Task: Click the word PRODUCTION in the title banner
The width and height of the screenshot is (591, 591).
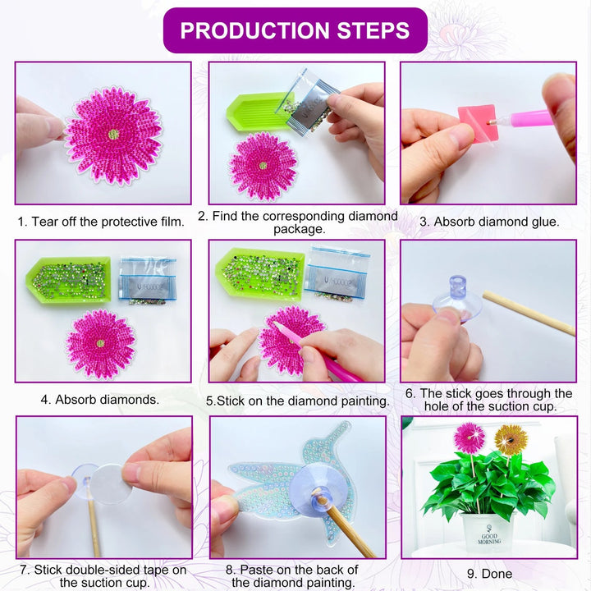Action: [x=254, y=30]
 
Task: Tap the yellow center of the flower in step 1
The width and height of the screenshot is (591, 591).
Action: [x=113, y=134]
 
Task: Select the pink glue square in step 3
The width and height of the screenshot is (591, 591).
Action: [x=477, y=124]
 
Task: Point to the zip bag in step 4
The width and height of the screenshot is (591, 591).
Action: [x=148, y=279]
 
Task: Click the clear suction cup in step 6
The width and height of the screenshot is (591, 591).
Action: [x=457, y=300]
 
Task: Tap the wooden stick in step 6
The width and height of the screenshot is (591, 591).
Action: [x=529, y=313]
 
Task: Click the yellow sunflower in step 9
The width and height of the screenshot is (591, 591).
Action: [x=511, y=439]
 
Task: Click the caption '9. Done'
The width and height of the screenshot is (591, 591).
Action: [x=489, y=574]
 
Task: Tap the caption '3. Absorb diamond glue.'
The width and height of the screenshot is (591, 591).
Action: [x=489, y=222]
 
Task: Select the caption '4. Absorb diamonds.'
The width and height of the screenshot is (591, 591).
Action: [x=100, y=400]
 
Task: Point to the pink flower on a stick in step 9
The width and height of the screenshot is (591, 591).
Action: [x=470, y=438]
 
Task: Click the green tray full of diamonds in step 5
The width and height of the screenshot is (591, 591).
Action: [x=260, y=273]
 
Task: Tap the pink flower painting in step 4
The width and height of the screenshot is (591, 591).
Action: [x=101, y=344]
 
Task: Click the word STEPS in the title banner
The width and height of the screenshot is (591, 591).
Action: [x=373, y=30]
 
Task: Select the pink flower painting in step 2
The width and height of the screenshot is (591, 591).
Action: [x=263, y=166]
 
